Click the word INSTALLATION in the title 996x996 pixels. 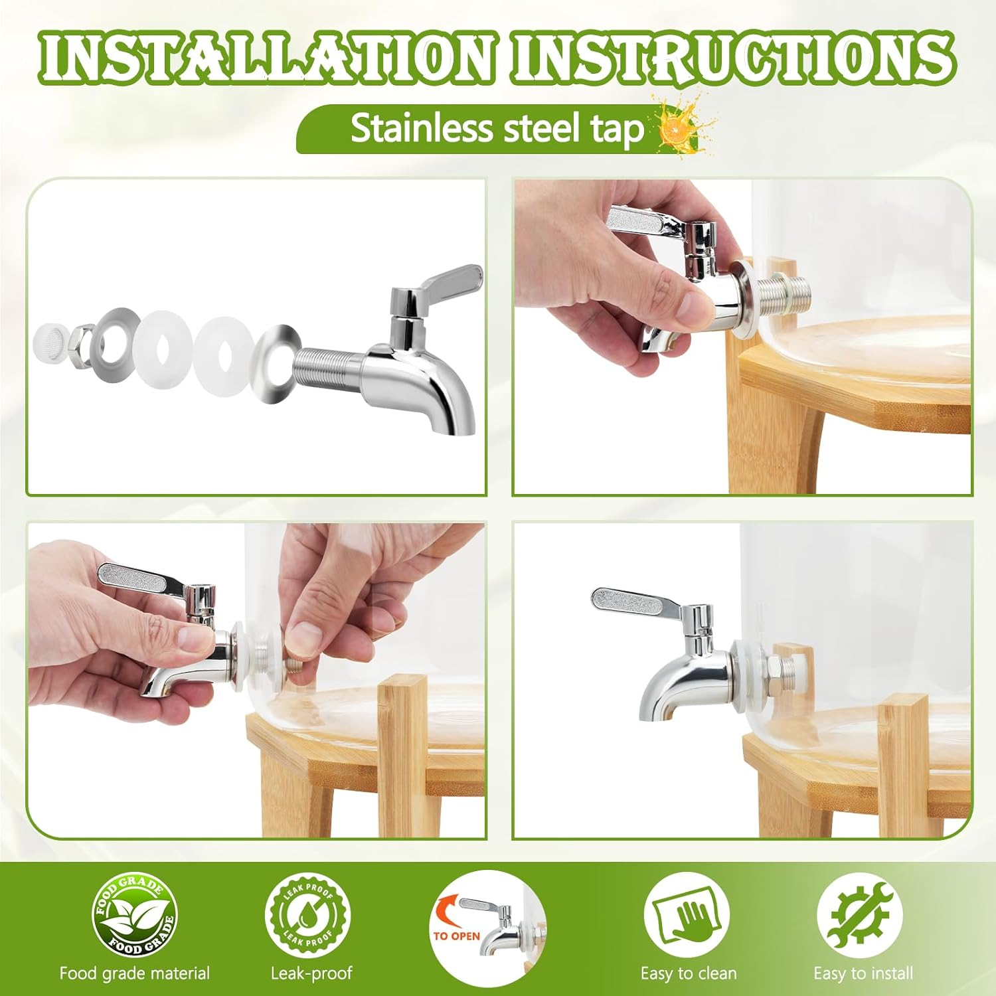click(x=266, y=58)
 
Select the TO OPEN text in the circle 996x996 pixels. click(x=456, y=936)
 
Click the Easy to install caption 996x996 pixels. click(x=863, y=973)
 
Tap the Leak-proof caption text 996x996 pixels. click(x=311, y=973)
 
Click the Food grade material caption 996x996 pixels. click(x=134, y=973)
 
